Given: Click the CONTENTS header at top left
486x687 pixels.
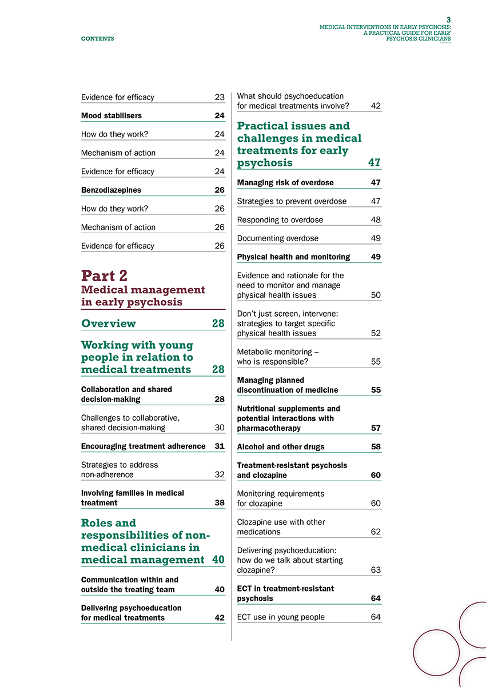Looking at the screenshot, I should pyautogui.click(x=97, y=39).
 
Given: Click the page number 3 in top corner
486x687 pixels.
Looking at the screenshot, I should pyautogui.click(x=448, y=19).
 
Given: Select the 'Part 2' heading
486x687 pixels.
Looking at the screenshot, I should pyautogui.click(x=105, y=275).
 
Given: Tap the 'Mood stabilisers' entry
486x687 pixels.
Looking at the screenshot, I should pyautogui.click(x=111, y=115).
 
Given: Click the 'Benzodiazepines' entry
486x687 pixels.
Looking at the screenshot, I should pyautogui.click(x=111, y=190).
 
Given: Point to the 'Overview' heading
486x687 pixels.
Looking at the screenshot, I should pyautogui.click(x=109, y=323).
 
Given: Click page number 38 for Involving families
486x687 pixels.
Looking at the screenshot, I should pyautogui.click(x=220, y=503).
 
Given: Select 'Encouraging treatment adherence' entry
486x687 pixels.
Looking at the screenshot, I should pyautogui.click(x=144, y=446).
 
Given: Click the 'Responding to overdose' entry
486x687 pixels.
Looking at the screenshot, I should pyautogui.click(x=280, y=220).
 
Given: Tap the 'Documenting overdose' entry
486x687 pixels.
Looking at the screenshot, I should pyautogui.click(x=278, y=238).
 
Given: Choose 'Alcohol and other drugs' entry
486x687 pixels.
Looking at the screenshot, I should pyautogui.click(x=281, y=447).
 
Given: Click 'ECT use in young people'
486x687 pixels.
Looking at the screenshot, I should pyautogui.click(x=281, y=617).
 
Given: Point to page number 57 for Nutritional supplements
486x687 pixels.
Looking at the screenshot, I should pyautogui.click(x=376, y=428).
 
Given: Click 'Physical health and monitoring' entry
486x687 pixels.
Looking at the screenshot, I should pyautogui.click(x=293, y=257).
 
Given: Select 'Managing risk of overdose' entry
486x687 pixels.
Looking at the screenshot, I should pyautogui.click(x=285, y=183).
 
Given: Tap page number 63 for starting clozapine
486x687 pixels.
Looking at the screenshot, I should pyautogui.click(x=376, y=570).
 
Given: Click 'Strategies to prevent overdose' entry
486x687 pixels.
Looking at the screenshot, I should pyautogui.click(x=292, y=201).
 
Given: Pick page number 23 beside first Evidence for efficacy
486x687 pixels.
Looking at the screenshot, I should pyautogui.click(x=220, y=97).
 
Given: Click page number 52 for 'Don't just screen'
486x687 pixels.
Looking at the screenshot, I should pyautogui.click(x=376, y=333).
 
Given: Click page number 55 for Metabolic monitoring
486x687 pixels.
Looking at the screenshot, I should pyautogui.click(x=376, y=362).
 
